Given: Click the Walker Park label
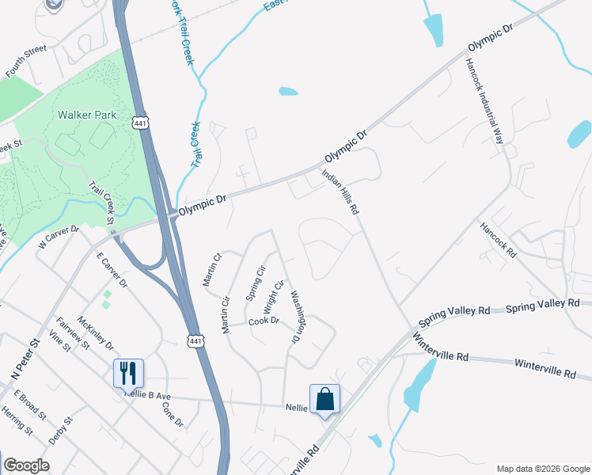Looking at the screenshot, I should [87, 115].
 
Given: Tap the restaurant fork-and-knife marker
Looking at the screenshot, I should [127, 372].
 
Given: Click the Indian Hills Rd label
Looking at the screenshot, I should [341, 192].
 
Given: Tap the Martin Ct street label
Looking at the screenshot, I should [211, 269].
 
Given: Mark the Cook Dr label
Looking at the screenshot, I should [264, 321].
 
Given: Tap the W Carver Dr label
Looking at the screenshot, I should [59, 237].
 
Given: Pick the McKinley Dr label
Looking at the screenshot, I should [96, 335].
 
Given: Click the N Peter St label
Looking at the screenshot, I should [31, 358].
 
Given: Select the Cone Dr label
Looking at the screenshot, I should [172, 415].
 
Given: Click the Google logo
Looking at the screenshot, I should [26, 465].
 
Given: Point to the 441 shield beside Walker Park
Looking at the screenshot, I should [140, 123].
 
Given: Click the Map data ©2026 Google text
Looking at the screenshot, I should [542, 469].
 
